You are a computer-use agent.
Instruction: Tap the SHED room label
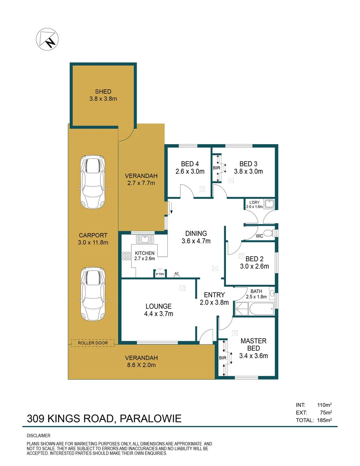pyautogui.click(x=103, y=91)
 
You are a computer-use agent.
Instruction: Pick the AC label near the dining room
pyautogui.click(x=177, y=274)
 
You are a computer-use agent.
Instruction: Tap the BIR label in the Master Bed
pyautogui.click(x=223, y=358)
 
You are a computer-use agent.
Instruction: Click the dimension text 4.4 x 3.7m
pyautogui.click(x=159, y=314)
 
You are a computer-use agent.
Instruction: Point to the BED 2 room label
pyautogui.click(x=254, y=259)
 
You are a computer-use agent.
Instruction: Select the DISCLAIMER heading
pyautogui.click(x=39, y=436)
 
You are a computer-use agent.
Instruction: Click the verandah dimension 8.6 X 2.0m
pyautogui.click(x=141, y=365)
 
